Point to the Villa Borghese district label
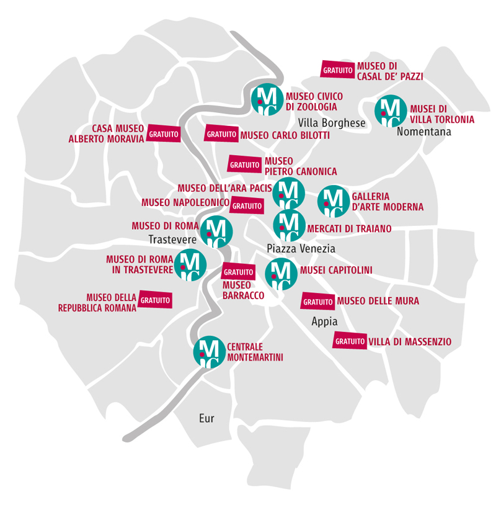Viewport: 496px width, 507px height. [x=332, y=123]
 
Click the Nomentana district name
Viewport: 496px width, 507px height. [x=424, y=132]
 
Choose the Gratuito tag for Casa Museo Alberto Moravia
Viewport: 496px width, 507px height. [x=164, y=133]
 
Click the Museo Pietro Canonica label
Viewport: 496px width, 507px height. [x=301, y=166]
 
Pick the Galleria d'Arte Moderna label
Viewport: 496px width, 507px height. [x=387, y=202]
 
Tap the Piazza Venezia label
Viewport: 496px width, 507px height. [x=301, y=248]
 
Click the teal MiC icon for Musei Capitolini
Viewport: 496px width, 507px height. [x=281, y=273]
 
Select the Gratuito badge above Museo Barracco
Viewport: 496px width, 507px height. [x=238, y=272]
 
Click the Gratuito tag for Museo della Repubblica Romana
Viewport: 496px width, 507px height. [x=155, y=300]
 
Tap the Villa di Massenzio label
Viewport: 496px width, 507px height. [x=410, y=341]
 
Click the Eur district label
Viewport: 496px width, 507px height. [x=206, y=418]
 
